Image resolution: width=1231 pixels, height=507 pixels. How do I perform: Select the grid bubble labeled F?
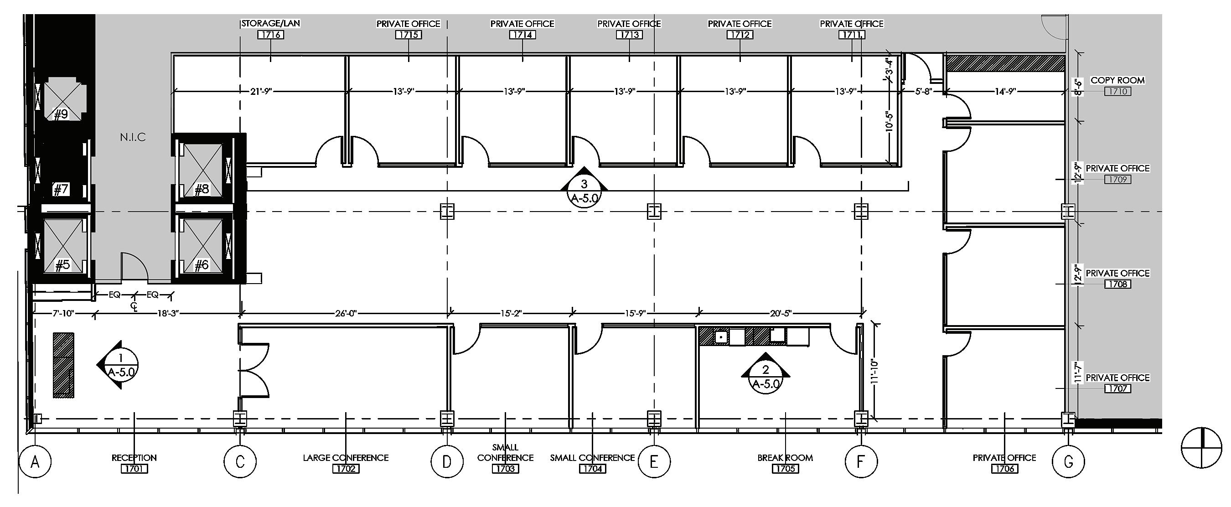click(861, 462)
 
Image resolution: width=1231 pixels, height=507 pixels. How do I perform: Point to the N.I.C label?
click(132, 138)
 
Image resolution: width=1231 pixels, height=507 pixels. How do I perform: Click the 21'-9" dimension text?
click(260, 91)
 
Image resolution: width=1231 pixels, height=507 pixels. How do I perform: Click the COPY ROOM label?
click(1117, 80)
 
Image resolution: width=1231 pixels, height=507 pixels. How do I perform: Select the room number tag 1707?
click(1118, 388)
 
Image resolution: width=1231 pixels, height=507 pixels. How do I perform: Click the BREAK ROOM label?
click(785, 457)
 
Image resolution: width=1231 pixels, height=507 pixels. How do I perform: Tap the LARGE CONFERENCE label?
click(346, 457)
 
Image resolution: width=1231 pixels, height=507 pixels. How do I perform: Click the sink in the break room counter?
click(721, 337)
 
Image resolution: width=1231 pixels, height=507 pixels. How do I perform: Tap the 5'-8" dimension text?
click(923, 91)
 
